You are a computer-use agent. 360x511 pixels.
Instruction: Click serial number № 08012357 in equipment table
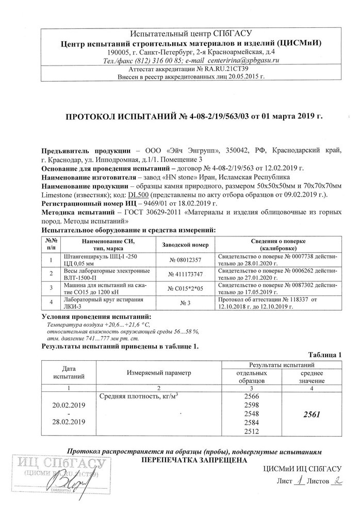tap(186, 260)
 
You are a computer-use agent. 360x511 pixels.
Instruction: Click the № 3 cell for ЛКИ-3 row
tap(186, 303)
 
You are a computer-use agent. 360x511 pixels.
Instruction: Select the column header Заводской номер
tap(186, 245)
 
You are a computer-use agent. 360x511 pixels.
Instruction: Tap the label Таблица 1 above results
tap(325, 355)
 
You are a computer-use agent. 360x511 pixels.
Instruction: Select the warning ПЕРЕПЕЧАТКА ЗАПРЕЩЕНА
tap(194, 459)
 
